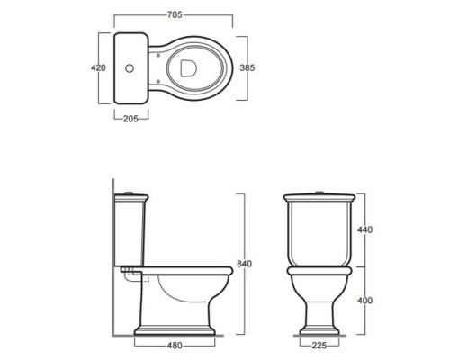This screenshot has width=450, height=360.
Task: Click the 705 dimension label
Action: pyautogui.click(x=175, y=14)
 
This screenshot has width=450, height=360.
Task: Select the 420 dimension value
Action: pyautogui.click(x=98, y=68)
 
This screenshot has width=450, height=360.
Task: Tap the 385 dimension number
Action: pyautogui.click(x=247, y=68)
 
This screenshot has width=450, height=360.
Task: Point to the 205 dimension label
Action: pyautogui.click(x=130, y=119)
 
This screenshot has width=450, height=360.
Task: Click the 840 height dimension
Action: pyautogui.click(x=244, y=264)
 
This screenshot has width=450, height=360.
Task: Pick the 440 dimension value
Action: pyautogui.click(x=364, y=229)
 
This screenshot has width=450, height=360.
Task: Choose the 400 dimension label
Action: pyautogui.click(x=364, y=301)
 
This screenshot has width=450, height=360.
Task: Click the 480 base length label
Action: pyautogui.click(x=175, y=346)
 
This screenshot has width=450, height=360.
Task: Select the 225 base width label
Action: pyautogui.click(x=319, y=346)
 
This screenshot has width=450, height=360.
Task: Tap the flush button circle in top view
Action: pyautogui.click(x=130, y=68)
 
